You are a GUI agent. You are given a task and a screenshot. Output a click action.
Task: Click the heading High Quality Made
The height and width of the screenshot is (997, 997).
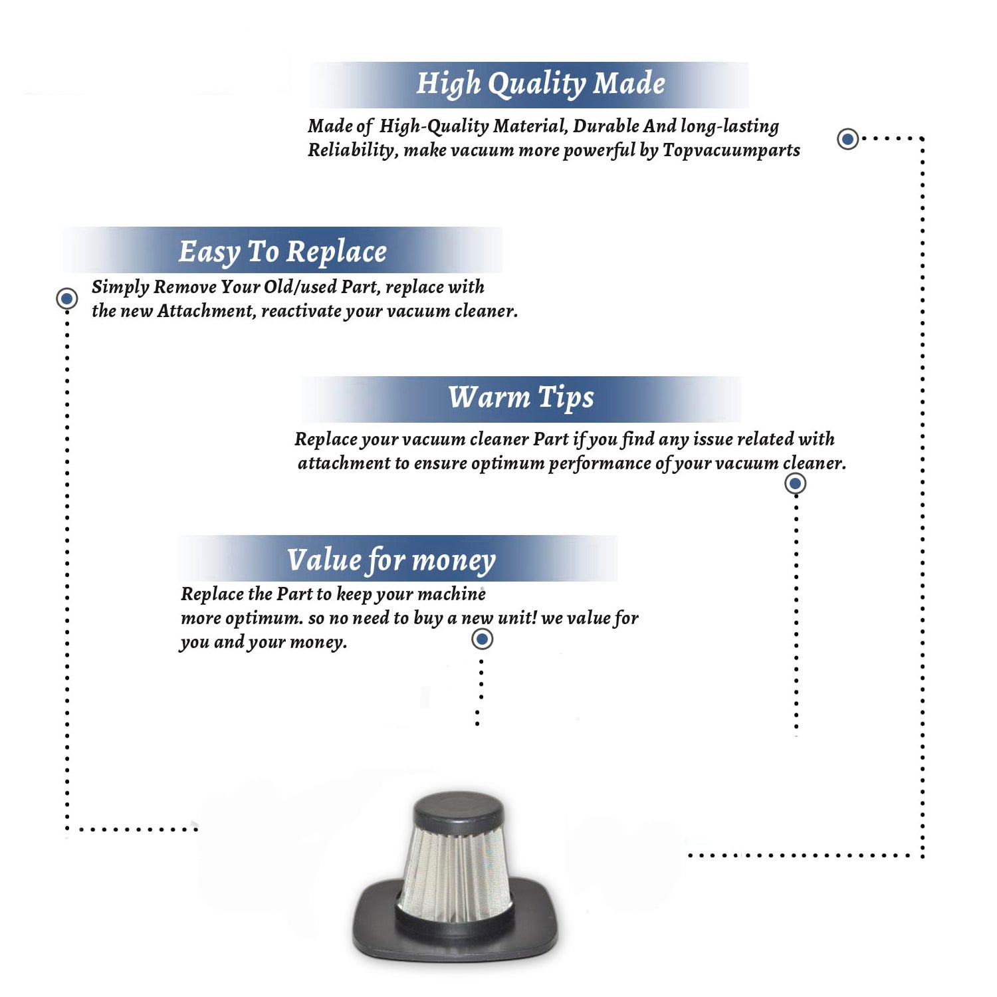[540, 84]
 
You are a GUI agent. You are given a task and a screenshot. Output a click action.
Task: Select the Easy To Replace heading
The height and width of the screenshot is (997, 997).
[282, 252]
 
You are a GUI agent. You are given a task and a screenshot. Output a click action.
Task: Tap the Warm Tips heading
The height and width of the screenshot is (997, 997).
[520, 398]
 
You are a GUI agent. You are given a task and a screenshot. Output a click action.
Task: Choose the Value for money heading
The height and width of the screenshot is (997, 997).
[391, 560]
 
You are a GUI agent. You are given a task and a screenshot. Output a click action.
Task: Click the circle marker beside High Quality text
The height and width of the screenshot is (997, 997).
[847, 139]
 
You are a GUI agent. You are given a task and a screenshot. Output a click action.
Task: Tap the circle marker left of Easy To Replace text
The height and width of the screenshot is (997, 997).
[66, 298]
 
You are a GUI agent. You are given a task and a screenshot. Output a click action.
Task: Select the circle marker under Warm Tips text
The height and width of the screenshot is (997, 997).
[795, 483]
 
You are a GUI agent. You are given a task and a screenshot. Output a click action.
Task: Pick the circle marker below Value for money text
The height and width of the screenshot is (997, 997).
[482, 639]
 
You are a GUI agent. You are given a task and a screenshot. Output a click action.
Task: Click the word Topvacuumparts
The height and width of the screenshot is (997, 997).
[731, 151]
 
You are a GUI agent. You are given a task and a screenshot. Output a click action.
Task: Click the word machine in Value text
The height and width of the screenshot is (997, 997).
[453, 594]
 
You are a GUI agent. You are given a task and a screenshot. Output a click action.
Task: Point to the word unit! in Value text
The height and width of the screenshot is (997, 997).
[517, 618]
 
